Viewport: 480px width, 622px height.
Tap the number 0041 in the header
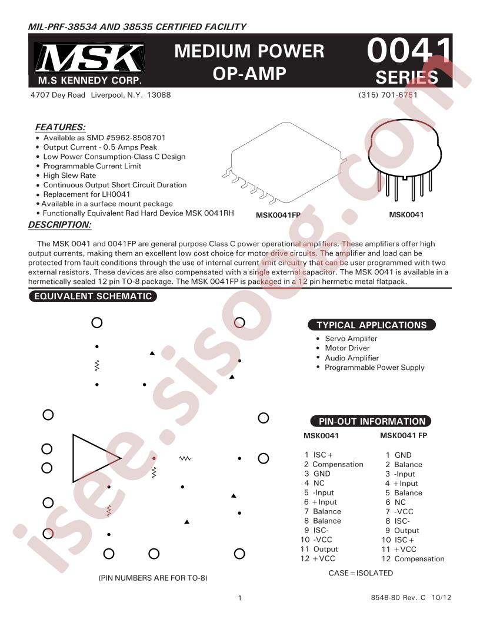pyautogui.click(x=409, y=51)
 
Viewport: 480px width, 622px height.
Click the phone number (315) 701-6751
pyautogui.click(x=388, y=95)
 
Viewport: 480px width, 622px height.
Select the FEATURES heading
pyautogui.click(x=60, y=127)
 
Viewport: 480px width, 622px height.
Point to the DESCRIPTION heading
pyautogui.click(x=60, y=224)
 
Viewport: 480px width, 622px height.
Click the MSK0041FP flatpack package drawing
pyautogui.click(x=285, y=164)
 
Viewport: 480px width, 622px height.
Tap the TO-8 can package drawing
pyautogui.click(x=405, y=159)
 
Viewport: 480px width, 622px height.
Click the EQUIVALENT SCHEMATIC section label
pyautogui.click(x=93, y=296)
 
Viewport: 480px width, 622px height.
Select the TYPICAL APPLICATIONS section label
pyautogui.click(x=372, y=325)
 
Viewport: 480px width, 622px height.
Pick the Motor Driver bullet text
pyautogui.click(x=347, y=348)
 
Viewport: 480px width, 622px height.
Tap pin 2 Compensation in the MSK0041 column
pyautogui.click(x=334, y=464)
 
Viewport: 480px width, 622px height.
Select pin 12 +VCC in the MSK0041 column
pyautogui.click(x=318, y=558)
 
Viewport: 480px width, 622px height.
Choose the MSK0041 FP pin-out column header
pyautogui.click(x=404, y=435)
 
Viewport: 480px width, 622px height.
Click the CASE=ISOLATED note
pyautogui.click(x=361, y=573)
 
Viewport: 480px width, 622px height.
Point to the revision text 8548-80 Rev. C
pyautogui.click(x=398, y=597)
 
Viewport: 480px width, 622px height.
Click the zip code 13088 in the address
pyautogui.click(x=159, y=95)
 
